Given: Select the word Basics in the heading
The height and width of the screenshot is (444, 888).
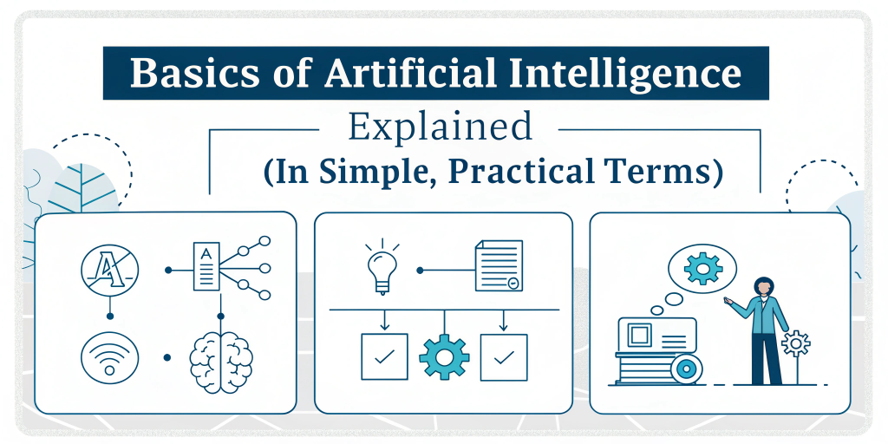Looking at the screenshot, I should [x=193, y=75].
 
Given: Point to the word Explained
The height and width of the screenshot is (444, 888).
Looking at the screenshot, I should [x=440, y=127].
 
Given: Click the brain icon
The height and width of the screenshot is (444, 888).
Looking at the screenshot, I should [x=221, y=356].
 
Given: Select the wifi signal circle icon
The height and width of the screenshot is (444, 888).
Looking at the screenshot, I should [x=108, y=356].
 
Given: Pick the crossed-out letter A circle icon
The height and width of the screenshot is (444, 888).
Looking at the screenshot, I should [x=108, y=270].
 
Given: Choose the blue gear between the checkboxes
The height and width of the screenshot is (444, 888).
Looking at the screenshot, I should [x=444, y=356].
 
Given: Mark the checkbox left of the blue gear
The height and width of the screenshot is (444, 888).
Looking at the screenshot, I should [x=384, y=356].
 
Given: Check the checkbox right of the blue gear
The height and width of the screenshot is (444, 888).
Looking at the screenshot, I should [x=504, y=356].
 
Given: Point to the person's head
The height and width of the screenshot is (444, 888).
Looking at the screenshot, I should [x=763, y=288].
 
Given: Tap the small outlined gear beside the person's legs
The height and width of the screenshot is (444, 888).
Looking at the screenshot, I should [x=795, y=344].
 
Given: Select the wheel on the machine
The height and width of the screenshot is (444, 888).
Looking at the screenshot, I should [x=688, y=369].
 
